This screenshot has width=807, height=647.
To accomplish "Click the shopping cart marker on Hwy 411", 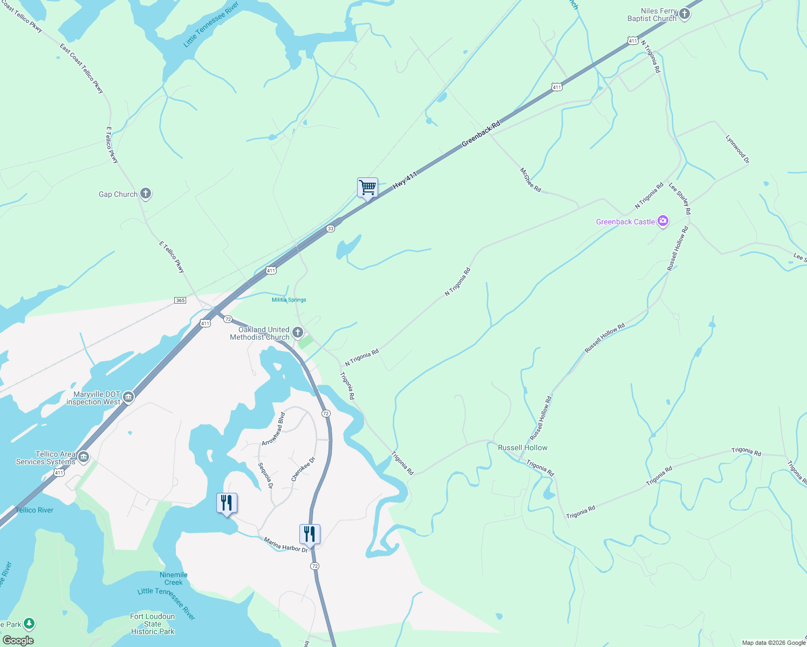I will click(367, 188).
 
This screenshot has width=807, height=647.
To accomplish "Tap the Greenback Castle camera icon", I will click(663, 221).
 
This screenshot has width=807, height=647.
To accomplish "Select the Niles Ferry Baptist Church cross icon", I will click(685, 14).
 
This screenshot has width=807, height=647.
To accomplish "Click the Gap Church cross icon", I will click(145, 194).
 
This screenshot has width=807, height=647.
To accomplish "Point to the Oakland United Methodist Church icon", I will click(297, 332).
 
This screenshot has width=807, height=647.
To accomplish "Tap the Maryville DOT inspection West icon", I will click(128, 397).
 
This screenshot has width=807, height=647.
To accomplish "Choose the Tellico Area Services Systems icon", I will click(83, 457).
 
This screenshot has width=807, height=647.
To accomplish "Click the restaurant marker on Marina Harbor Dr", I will click(310, 534).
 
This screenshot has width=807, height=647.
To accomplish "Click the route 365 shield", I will click(180, 300).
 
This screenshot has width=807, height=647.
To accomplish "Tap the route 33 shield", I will click(331, 229).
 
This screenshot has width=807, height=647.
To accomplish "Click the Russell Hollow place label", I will click(522, 448).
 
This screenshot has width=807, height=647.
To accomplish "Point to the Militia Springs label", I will click(289, 300).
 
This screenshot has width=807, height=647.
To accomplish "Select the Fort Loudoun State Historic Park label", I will click(153, 624).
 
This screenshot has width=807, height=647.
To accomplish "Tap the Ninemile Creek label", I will click(174, 579).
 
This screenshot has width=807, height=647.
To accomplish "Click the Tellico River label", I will click(35, 510).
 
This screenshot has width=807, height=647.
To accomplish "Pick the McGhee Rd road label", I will click(530, 179).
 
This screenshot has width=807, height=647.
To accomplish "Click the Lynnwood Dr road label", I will click(737, 149).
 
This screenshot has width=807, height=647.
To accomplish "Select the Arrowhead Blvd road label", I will click(273, 429).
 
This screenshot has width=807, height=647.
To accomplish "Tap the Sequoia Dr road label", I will click(265, 476).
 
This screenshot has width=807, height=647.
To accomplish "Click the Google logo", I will click(18, 640).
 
